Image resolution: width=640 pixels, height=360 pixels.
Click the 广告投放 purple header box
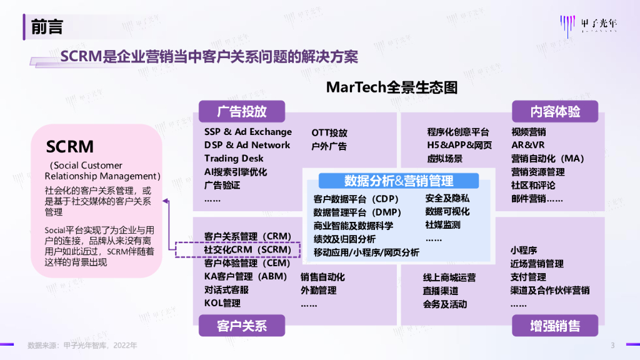[242, 112]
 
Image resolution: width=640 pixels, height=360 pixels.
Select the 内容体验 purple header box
[555, 112]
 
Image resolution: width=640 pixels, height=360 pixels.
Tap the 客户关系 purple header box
[242, 326]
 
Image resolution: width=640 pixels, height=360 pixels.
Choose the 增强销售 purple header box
[555, 326]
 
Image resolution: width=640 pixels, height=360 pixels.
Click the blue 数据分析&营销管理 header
[399, 181]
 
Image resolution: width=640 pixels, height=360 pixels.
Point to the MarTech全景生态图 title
[392, 87]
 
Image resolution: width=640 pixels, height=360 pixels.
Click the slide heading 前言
[47, 27]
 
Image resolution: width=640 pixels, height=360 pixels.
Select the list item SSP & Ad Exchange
[247, 132]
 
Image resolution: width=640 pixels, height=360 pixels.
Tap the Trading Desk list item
[234, 158]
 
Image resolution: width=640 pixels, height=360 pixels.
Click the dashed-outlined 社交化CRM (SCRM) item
[247, 249]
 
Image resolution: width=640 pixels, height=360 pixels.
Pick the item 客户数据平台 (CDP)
[352, 199]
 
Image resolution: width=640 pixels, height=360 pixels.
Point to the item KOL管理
[222, 304]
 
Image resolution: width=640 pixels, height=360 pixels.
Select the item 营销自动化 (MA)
[547, 158]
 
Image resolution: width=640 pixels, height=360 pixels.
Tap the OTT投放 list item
[329, 132]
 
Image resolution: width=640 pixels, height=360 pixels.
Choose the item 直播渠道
[441, 291]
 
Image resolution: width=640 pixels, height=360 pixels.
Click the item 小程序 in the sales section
[524, 250]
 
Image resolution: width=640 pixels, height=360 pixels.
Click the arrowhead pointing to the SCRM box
[166, 201]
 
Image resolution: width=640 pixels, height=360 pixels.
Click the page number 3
[612, 345]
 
